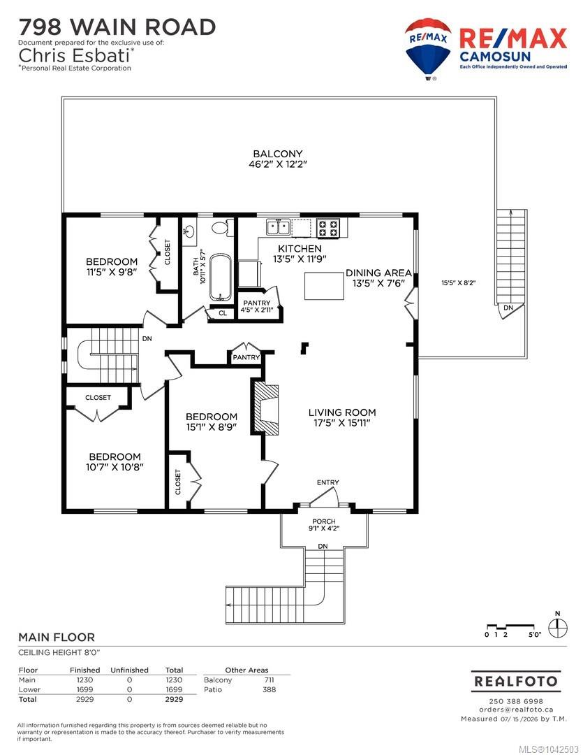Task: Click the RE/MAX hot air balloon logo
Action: [428, 49]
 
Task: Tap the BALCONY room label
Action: [278, 154]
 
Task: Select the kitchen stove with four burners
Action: [328, 228]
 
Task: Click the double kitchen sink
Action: [278, 226]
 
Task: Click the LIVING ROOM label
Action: [342, 412]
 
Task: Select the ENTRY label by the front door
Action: [327, 482]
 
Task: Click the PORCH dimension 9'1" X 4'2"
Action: [324, 528]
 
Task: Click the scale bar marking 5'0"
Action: [534, 635]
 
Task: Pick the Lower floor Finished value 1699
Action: [84, 689]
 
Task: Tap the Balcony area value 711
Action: [269, 680]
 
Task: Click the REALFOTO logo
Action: [516, 681]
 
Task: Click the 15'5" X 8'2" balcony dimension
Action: [459, 282]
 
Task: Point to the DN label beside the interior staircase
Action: [147, 338]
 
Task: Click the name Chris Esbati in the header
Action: [74, 55]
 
